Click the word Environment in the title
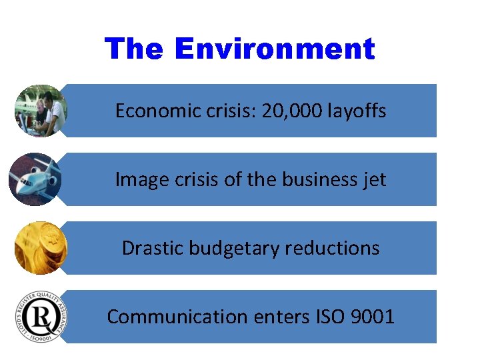click(x=275, y=49)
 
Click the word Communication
click(x=177, y=317)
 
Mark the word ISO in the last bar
click(x=328, y=317)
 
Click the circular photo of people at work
click(x=41, y=111)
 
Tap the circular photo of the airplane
click(x=35, y=179)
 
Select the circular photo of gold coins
click(x=41, y=248)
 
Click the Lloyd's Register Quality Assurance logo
click(x=41, y=317)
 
